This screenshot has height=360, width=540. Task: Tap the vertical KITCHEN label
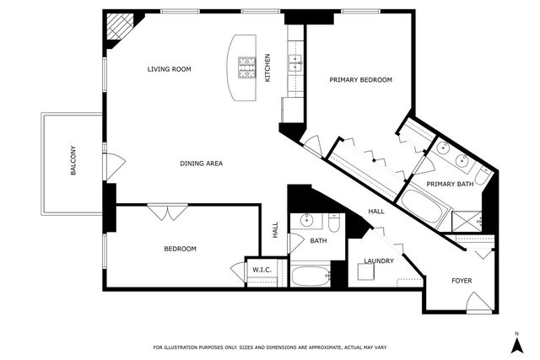[268, 67]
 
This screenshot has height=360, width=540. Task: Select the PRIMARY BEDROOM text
[360, 79]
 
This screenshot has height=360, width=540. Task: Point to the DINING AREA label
[201, 163]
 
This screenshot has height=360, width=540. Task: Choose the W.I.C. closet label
[260, 271]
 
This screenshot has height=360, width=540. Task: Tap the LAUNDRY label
[379, 261]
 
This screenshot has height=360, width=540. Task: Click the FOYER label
[462, 280]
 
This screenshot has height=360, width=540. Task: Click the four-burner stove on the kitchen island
[246, 66]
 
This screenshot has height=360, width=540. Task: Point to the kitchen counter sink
[295, 62]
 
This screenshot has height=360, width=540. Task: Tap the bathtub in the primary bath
[422, 207]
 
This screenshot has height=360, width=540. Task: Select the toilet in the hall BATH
[334, 224]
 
